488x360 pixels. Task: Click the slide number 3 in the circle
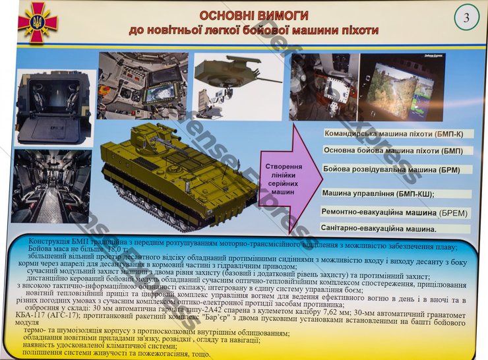tap(466, 18)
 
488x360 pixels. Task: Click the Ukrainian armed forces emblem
tap(37, 22)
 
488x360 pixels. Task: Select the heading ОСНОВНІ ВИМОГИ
tap(253, 15)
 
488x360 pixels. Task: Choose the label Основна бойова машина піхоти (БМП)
tap(393, 150)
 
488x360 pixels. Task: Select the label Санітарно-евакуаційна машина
tap(380, 229)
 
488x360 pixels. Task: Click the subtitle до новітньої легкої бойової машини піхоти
tap(253, 30)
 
